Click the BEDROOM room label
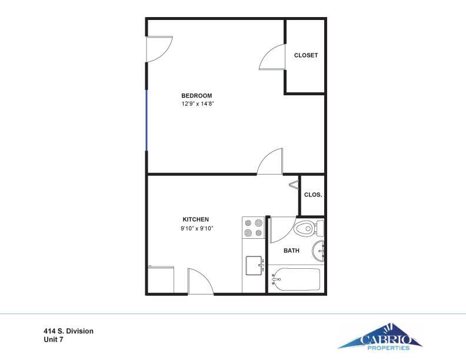[x=197, y=96]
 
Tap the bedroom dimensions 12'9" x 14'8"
[x=197, y=104]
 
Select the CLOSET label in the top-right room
[x=306, y=55]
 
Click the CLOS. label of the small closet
[x=313, y=195]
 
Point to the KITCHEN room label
[x=195, y=219]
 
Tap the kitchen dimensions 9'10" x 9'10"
[x=197, y=228]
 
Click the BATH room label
[x=291, y=251]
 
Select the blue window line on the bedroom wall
[x=147, y=121]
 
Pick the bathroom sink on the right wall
[x=319, y=252]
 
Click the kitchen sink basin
[x=254, y=265]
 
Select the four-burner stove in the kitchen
[x=254, y=228]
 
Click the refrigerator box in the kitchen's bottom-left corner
[x=161, y=279]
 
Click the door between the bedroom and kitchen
[x=271, y=162]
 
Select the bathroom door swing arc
[x=282, y=230]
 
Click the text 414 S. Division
[x=68, y=331]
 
